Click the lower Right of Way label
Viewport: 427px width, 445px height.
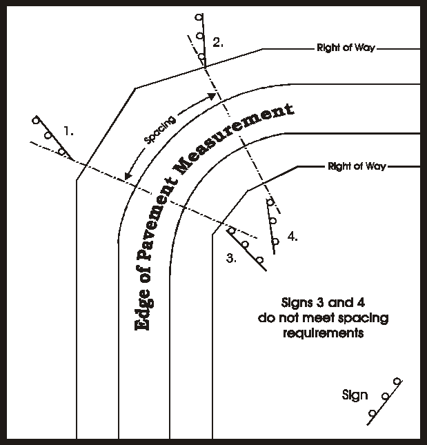pos(357,166)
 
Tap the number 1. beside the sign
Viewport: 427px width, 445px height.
pos(68,130)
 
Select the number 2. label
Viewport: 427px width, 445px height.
pos(218,43)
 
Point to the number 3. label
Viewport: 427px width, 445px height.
pos(232,259)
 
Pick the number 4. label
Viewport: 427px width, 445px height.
pos(292,237)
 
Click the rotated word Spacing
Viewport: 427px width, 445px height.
pos(160,128)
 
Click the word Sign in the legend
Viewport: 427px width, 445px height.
pos(355,395)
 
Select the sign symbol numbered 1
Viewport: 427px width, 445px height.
pos(48,136)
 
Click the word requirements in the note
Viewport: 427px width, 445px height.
pos(322,333)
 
